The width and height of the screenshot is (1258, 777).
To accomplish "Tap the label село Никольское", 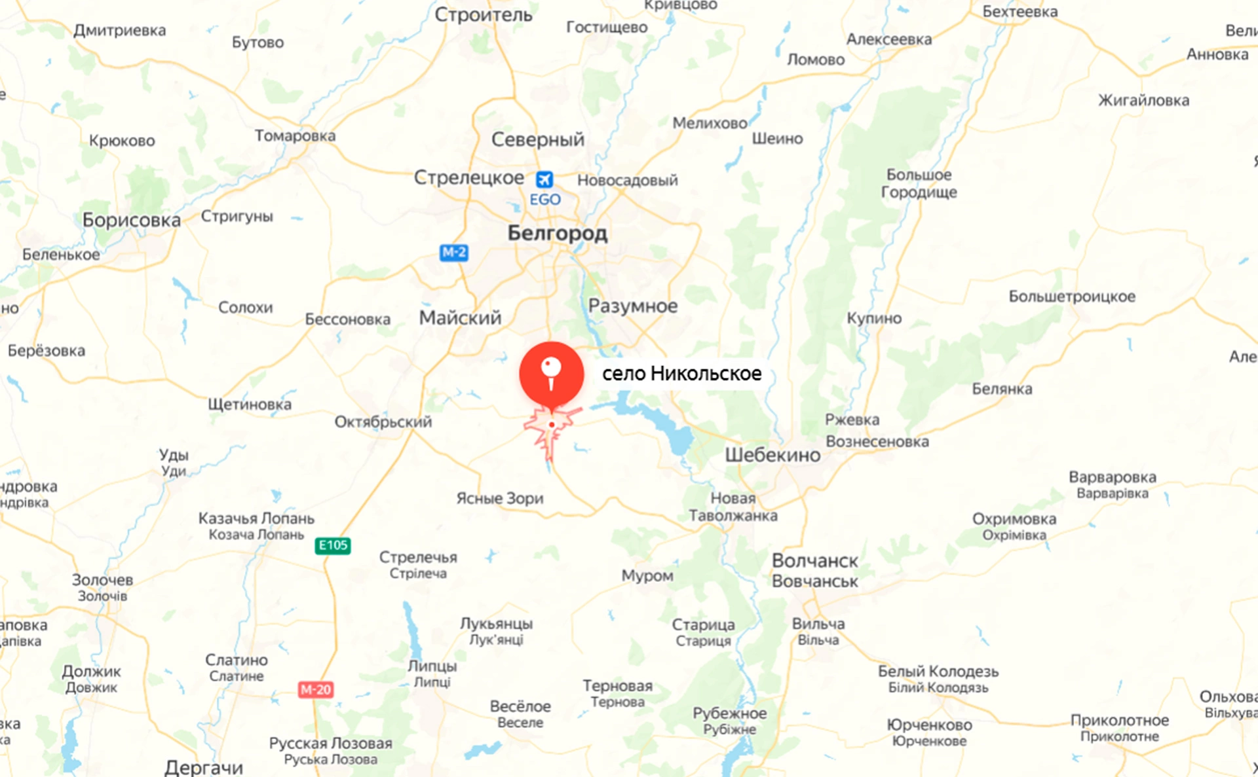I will click(681, 374).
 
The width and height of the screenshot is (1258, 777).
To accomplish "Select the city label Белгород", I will click(558, 233).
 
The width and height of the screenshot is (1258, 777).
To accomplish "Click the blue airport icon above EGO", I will click(544, 179).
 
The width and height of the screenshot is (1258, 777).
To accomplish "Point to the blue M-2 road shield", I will click(453, 252).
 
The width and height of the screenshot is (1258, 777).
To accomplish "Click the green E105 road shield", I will click(333, 545).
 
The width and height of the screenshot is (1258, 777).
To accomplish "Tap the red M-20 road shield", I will click(316, 689).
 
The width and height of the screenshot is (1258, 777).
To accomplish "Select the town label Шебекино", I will click(772, 455).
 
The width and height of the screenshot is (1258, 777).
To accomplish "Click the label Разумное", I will click(633, 306).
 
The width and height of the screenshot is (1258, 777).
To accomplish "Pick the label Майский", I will click(460, 317).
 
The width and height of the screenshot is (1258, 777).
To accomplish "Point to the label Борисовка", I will click(132, 220).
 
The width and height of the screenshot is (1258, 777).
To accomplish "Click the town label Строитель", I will click(484, 14).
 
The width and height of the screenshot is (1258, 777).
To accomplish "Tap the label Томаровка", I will click(295, 136).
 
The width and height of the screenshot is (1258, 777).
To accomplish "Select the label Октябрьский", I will click(383, 422).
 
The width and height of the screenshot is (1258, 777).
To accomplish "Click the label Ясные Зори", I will click(500, 498).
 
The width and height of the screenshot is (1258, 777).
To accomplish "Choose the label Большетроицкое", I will click(1072, 297).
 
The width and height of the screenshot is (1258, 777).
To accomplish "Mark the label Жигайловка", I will click(1143, 100).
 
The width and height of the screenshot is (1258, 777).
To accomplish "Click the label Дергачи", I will click(204, 767).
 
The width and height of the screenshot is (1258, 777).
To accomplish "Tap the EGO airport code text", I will click(545, 200).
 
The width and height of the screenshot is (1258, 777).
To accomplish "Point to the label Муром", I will click(647, 575).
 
